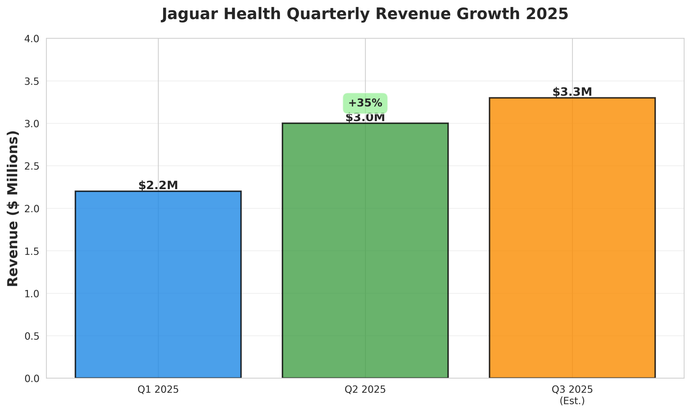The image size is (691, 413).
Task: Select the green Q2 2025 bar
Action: tap(365, 251)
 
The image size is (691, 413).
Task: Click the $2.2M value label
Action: tap(158, 185)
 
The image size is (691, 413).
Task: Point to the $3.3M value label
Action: tap(572, 92)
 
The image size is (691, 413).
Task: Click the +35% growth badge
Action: tap(365, 103)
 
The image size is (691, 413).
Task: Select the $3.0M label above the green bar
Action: tap(365, 118)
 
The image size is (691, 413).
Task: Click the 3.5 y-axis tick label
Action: tap(32, 82)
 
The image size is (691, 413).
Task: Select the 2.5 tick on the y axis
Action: tap(32, 166)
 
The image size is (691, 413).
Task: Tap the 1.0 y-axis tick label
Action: tap(32, 294)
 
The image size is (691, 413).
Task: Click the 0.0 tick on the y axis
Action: tap(32, 379)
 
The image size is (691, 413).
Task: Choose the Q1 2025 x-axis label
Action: tap(158, 390)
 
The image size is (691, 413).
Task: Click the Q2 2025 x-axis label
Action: tap(365, 390)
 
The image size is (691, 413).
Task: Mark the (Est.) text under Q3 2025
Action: tap(572, 401)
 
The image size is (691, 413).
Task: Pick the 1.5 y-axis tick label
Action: tap(32, 252)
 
